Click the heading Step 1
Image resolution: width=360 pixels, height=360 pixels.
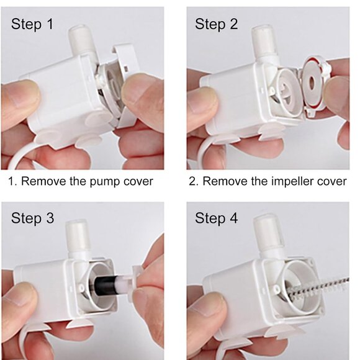pyautogui.click(x=32, y=25)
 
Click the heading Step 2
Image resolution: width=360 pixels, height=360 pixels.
pyautogui.click(x=216, y=25)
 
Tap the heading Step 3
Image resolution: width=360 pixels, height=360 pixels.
pyautogui.click(x=32, y=218)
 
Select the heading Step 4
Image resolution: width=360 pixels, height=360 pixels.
pyautogui.click(x=216, y=218)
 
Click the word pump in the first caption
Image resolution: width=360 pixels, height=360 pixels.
pyautogui.click(x=105, y=182)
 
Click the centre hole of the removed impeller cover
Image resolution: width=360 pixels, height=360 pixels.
pyautogui.click(x=312, y=83)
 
